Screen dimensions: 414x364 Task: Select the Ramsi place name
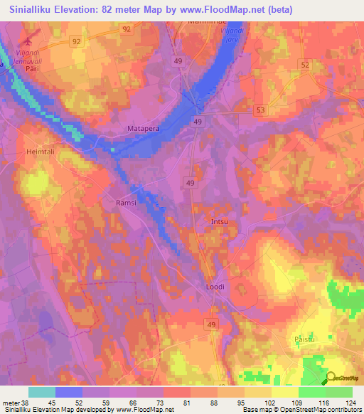click(x=125, y=203)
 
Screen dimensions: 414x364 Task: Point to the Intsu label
click(x=220, y=223)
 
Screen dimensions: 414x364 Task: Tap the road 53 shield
click(x=261, y=110)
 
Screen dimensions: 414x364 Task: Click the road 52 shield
click(x=306, y=65)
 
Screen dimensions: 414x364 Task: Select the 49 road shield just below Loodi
click(x=211, y=304)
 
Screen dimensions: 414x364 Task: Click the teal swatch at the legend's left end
click(x=42, y=392)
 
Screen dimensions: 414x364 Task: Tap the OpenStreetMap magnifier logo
click(x=331, y=379)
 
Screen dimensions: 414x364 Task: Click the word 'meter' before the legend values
click(x=11, y=403)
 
